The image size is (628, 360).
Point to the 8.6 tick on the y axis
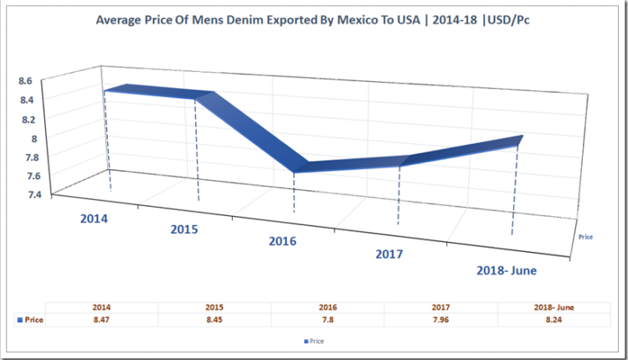[25, 80]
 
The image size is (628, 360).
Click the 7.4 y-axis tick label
[25, 194]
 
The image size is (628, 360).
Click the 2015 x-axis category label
[184, 229]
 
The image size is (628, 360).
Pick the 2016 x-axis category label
[282, 241]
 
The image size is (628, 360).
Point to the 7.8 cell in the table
[327, 320]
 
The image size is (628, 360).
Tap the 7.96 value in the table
[440, 320]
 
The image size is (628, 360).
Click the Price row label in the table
[32, 320]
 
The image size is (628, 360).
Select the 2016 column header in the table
[327, 307]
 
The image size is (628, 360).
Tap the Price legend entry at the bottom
[312, 341]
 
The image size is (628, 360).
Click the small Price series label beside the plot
[586, 237]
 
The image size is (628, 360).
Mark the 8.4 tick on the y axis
[25, 100]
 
